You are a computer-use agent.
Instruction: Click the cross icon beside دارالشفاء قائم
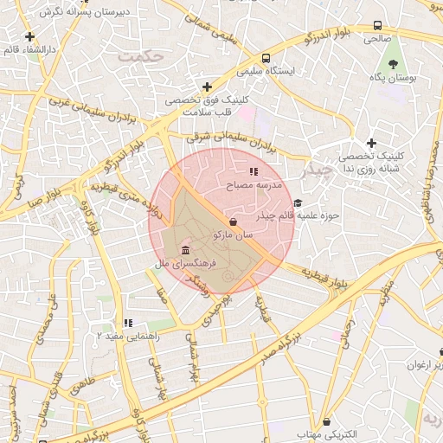[30, 36]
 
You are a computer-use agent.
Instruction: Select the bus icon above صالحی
[377, 26]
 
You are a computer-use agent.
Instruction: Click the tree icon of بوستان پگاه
[395, 65]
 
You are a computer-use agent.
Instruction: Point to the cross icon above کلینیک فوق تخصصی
[207, 87]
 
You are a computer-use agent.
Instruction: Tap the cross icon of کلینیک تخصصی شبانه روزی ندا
[372, 143]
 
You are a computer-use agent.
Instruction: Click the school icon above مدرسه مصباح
[254, 172]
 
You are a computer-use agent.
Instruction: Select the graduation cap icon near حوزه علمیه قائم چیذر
[299, 202]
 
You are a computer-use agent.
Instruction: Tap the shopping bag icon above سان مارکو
[234, 221]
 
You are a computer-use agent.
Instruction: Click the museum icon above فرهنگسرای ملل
[187, 250]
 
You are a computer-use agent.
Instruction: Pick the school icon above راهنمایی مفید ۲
[128, 323]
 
